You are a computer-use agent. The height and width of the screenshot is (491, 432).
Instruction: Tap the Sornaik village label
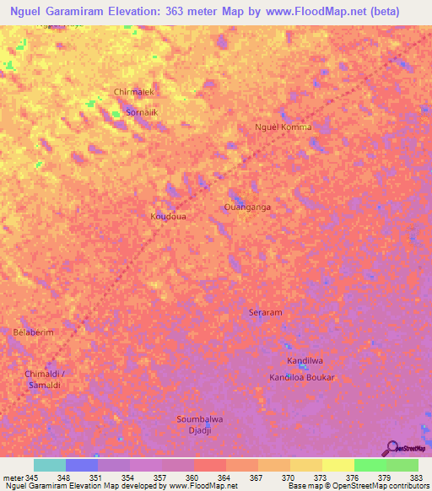[141, 111]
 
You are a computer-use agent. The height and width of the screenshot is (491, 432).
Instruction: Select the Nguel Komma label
[283, 127]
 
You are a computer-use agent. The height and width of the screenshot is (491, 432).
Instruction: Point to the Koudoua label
[168, 217]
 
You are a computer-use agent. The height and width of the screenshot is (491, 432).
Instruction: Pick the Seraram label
[265, 312]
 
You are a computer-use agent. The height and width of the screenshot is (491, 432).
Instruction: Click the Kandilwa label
[304, 361]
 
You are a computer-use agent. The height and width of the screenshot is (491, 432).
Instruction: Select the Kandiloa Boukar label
[302, 377]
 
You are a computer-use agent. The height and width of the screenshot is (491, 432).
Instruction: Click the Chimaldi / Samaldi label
[45, 379]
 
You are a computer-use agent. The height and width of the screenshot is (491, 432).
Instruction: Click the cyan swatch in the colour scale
[50, 465]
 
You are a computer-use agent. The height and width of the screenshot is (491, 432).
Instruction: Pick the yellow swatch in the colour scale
[338, 465]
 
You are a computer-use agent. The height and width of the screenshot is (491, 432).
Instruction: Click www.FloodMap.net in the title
[321, 12]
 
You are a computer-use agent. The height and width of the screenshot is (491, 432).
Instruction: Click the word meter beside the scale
[13, 478]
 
